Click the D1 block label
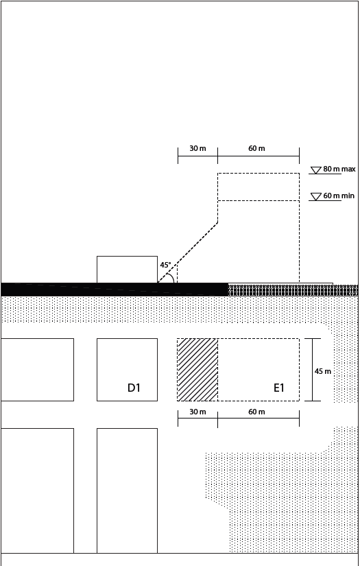point(134,388)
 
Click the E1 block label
point(279,388)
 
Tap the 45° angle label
point(165,265)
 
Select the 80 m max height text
point(339,169)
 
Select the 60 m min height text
point(339,196)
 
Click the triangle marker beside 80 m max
point(316,170)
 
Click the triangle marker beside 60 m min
point(316,197)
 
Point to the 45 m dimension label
point(322,371)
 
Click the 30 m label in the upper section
point(197,148)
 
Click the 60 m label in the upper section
point(256,148)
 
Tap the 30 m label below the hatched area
point(197,412)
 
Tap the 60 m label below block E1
point(256,412)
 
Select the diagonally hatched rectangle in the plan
point(197,370)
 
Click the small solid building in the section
point(127,270)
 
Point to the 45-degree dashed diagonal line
point(188,252)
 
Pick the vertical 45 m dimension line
point(313,370)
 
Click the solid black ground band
point(115,290)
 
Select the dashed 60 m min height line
point(259,201)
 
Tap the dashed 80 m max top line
point(259,174)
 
